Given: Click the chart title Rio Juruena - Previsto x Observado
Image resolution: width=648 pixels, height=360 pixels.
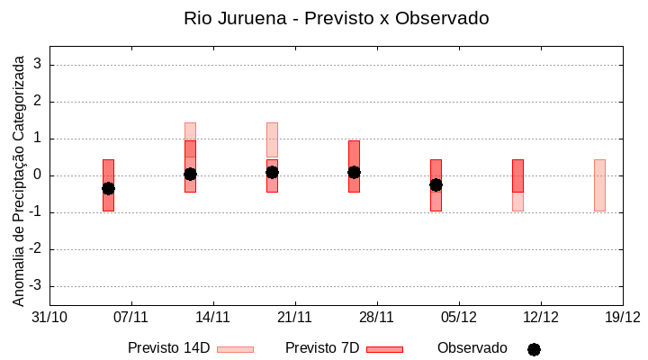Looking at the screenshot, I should [336, 18].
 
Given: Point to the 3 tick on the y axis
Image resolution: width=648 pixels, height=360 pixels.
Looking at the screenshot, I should [39, 65].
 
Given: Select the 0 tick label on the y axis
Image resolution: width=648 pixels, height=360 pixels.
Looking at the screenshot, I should [39, 175].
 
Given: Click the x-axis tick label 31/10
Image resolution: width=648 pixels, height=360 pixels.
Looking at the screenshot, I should [49, 317].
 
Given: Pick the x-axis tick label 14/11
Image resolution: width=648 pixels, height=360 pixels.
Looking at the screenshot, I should [213, 317].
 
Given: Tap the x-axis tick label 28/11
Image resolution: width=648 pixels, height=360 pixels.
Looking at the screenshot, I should [377, 317].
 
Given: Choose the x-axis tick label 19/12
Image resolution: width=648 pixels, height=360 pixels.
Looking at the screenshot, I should [622, 317].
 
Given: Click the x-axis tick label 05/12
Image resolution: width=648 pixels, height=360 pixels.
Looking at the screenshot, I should [459, 317].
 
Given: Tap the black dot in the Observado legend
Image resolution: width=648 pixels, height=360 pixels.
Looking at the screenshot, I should [534, 349].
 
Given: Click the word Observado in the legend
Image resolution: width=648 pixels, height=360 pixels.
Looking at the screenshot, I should [472, 348].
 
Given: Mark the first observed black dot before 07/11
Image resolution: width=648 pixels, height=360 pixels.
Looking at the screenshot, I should [108, 188].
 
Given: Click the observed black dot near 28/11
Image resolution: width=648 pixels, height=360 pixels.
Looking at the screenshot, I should [354, 172].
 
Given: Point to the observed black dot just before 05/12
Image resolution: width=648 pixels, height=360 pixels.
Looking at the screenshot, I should [436, 184].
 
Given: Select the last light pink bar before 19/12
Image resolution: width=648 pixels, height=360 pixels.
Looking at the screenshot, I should [599, 184].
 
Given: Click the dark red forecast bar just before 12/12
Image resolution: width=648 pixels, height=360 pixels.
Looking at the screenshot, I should [517, 175].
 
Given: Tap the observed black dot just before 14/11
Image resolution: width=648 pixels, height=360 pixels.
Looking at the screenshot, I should [190, 174].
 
